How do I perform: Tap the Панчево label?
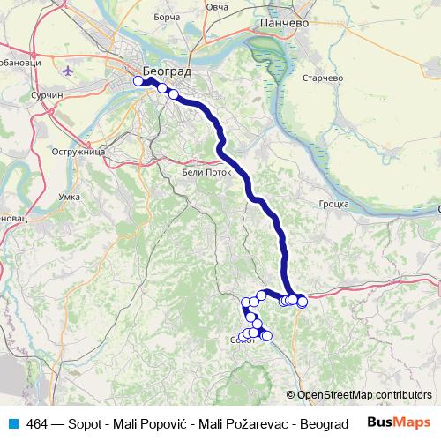[282, 24]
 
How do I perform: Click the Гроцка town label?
[334, 203]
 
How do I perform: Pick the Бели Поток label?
[208, 173]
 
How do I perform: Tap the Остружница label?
[84, 152]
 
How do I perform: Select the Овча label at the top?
[217, 7]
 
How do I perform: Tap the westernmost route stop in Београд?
[138, 81]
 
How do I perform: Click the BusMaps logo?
[400, 422]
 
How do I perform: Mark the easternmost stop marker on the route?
[303, 303]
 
